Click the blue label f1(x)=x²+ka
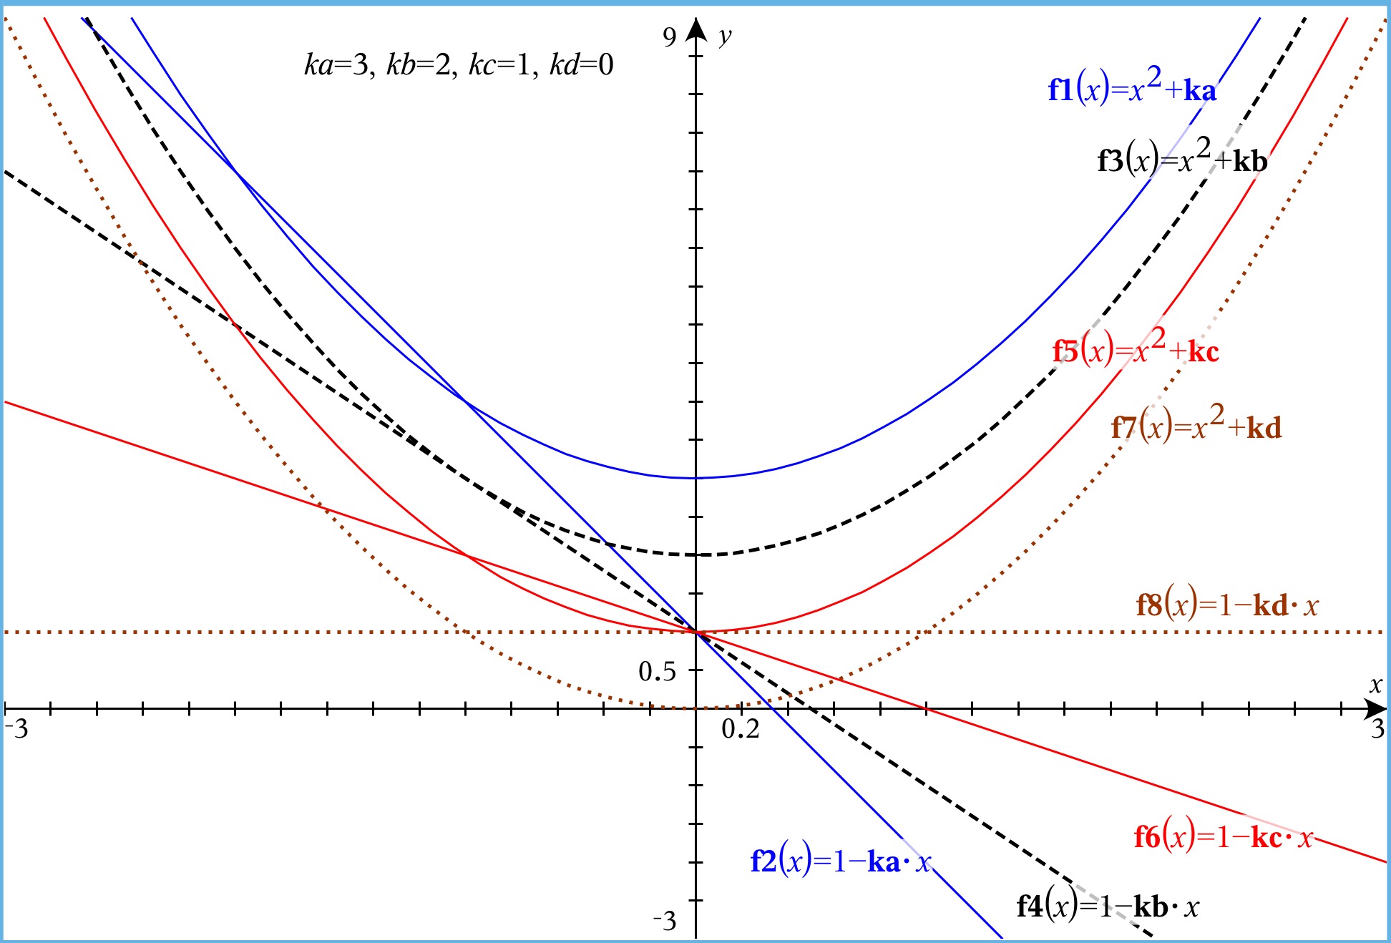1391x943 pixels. coord(1132,89)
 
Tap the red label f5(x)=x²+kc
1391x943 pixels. coord(1136,350)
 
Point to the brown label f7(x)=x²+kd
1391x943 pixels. coord(1196,426)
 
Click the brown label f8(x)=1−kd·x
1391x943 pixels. coord(1226,605)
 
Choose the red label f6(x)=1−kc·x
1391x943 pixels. coord(1224,836)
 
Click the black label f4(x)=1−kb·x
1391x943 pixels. coord(1107,906)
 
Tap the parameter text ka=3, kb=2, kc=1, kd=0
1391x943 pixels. coord(459,65)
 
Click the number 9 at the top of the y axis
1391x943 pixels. coord(669,36)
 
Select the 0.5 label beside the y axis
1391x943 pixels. coord(657,671)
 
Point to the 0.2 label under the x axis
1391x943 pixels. coord(741,729)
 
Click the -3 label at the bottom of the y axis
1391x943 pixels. coord(665,920)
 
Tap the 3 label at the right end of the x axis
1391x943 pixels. coord(1377,729)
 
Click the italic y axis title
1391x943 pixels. coord(726,35)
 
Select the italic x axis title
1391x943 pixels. coord(1375,685)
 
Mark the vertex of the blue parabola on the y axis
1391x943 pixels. coord(696,478)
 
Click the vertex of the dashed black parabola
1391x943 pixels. coord(696,554)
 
